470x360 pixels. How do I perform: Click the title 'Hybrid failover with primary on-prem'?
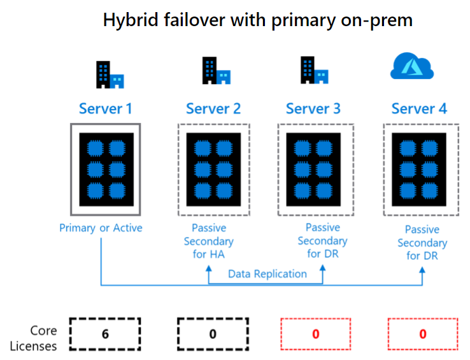pos(258,20)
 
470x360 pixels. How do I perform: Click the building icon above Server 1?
pos(110,75)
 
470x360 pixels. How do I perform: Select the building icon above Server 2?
pos(216,71)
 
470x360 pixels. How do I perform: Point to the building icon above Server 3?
pos(315,71)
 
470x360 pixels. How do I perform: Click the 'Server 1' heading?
pos(106,108)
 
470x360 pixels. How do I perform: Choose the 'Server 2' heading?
pos(213,108)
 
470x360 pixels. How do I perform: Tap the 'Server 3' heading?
pos(313,108)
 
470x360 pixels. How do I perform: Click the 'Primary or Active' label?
pos(101,228)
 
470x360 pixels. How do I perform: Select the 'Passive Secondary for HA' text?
pos(209,241)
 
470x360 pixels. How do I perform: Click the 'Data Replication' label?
pos(267,274)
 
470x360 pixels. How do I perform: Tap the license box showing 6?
pos(105,334)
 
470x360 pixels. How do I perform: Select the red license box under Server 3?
pos(316,334)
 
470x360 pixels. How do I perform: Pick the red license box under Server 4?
pos(423,334)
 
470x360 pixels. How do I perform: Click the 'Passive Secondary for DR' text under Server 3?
pos(322,240)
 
